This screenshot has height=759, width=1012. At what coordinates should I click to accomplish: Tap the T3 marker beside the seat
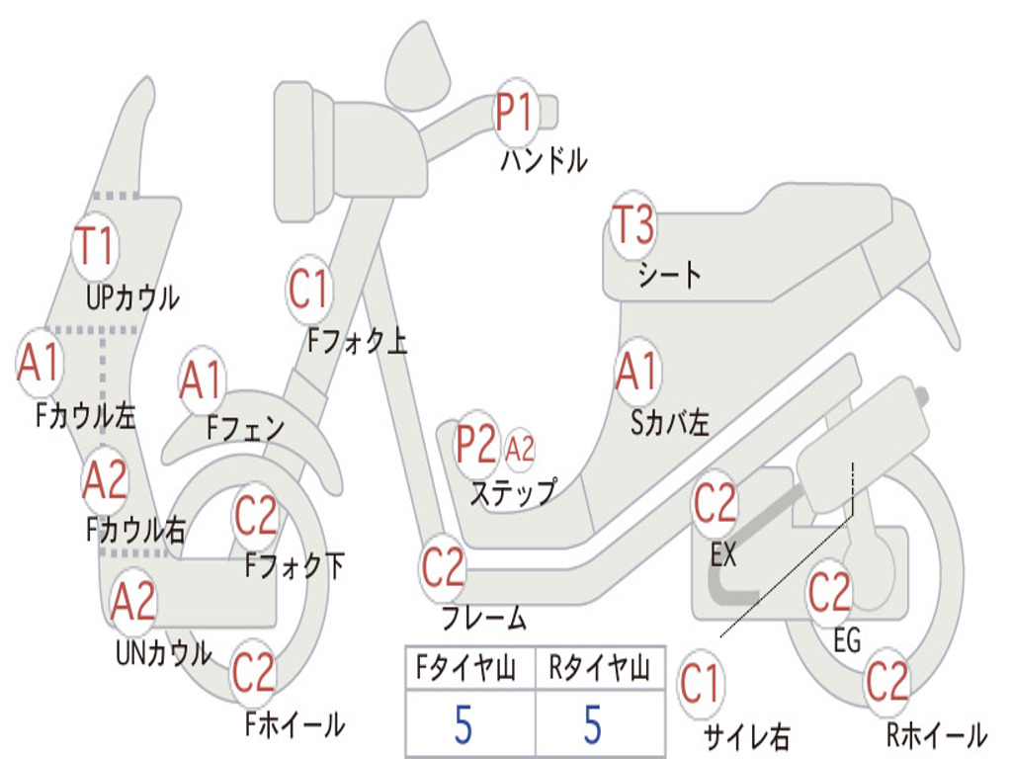point(633,224)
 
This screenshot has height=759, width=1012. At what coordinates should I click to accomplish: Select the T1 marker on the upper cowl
point(95,246)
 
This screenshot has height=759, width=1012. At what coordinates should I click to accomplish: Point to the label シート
point(669,275)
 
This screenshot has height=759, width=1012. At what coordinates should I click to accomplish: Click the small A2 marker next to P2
point(520,449)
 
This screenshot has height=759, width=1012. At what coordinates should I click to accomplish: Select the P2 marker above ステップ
point(477,444)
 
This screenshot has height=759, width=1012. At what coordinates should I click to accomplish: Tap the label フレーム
point(484,617)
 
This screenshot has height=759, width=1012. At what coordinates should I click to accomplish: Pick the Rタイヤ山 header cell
point(600,667)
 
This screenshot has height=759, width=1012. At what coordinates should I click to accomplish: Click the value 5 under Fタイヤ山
point(463,724)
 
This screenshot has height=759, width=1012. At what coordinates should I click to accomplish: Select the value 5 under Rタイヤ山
point(593,724)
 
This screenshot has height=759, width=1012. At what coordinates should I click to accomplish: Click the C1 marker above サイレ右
point(701,684)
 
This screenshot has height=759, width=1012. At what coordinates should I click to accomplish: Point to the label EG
point(847,640)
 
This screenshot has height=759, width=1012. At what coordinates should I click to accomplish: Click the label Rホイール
point(937,734)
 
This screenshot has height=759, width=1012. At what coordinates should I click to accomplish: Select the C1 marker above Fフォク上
point(309,290)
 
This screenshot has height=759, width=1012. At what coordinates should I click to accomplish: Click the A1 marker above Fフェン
point(202,380)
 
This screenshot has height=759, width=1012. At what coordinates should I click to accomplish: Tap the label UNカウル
point(164,652)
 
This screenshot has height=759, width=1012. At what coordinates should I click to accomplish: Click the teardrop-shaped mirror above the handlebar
point(416,68)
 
